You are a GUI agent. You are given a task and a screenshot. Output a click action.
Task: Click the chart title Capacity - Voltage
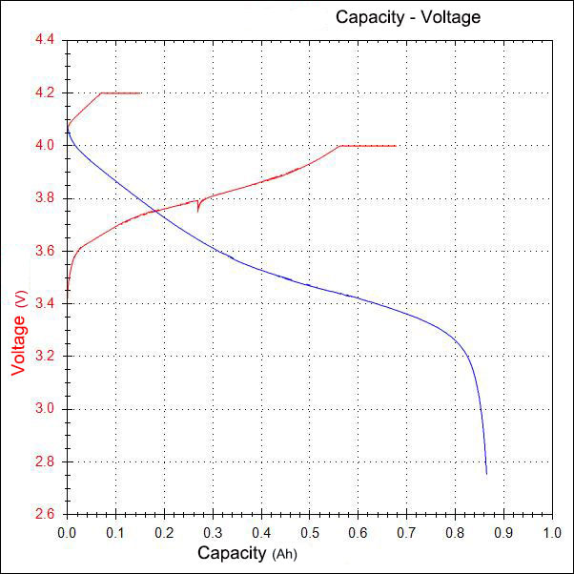407,17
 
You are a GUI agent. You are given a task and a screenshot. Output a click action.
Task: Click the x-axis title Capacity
233,553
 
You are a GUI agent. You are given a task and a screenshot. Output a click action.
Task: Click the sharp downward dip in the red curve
197,209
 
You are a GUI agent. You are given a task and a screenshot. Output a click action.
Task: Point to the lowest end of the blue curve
486,473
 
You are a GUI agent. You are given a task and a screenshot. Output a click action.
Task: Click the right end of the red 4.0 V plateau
396,146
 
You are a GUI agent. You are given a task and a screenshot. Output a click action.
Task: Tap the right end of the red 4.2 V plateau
140,93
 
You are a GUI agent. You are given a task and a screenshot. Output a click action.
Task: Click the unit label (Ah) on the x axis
284,555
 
